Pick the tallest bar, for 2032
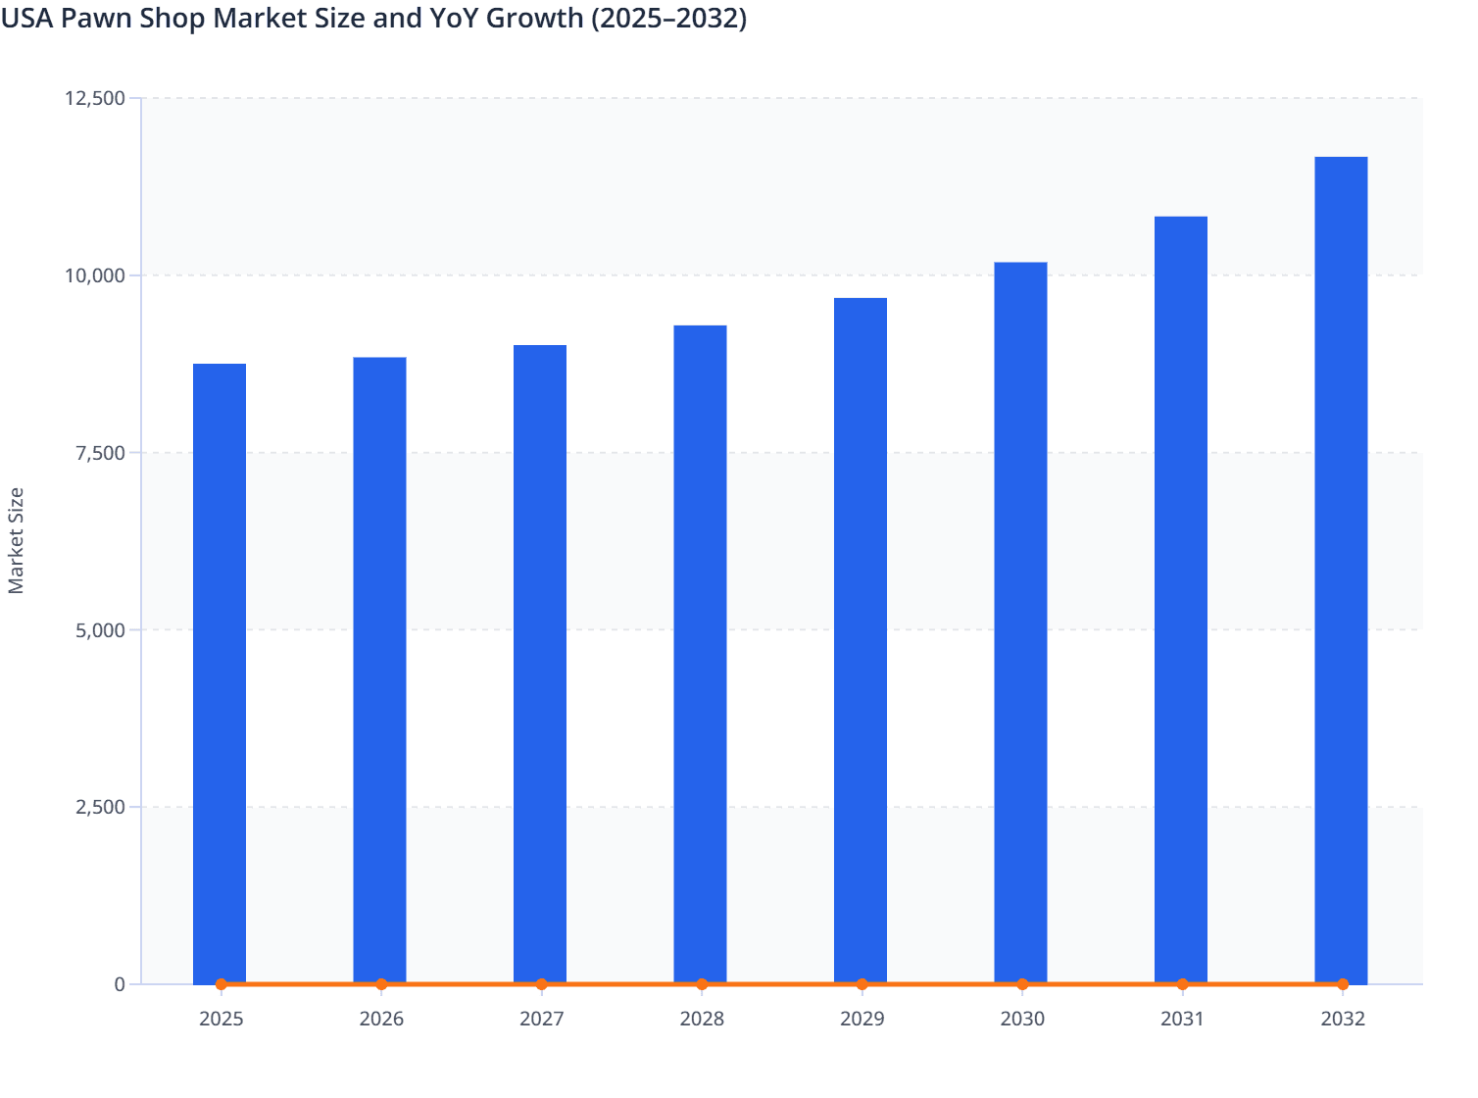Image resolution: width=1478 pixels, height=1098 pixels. click(x=1341, y=570)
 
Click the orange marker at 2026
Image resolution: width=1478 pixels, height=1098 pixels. click(x=381, y=984)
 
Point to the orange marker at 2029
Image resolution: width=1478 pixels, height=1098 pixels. click(x=862, y=984)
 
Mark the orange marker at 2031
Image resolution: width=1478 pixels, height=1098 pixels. click(x=1182, y=984)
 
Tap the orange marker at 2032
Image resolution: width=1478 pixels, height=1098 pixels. click(x=1343, y=984)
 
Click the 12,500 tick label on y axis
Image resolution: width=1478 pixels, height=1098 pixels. click(x=95, y=98)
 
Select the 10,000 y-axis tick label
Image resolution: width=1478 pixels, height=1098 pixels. click(x=95, y=275)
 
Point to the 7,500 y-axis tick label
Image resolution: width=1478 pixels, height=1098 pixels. click(x=100, y=453)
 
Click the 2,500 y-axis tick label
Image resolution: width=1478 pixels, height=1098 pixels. click(x=100, y=808)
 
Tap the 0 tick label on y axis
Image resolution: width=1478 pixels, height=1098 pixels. click(x=120, y=984)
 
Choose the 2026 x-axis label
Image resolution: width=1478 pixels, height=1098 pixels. click(x=381, y=1020)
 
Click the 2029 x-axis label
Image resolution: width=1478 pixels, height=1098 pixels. click(x=862, y=1020)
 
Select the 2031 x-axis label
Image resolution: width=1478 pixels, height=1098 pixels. click(x=1182, y=1020)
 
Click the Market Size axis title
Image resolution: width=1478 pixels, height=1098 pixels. click(x=16, y=540)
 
